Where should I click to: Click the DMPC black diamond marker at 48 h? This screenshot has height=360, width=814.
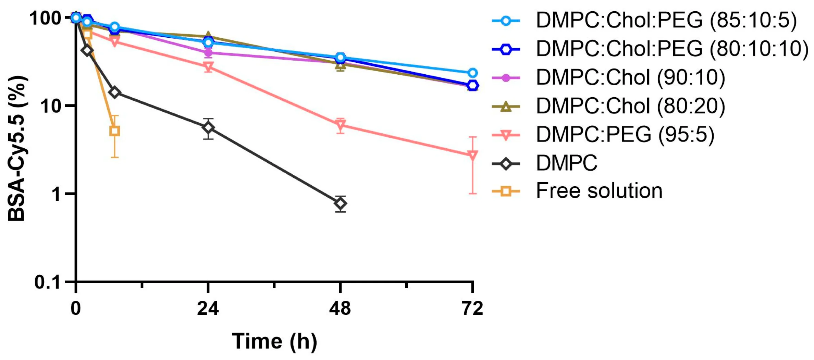[340, 204]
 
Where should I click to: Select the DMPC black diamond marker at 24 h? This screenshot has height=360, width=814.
[208, 128]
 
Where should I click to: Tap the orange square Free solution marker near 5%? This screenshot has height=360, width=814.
[114, 131]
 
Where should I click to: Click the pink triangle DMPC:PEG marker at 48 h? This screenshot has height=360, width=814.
[340, 124]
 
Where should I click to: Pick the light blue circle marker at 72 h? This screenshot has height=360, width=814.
[472, 73]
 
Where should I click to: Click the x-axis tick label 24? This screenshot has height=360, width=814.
[208, 309]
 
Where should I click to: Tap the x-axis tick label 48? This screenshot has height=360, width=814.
[340, 309]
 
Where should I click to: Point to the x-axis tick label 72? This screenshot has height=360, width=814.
[472, 309]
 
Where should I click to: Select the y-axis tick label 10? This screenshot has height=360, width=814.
[51, 106]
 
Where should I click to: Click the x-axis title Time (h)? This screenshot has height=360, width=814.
[274, 342]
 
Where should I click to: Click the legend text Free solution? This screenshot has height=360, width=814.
[599, 191]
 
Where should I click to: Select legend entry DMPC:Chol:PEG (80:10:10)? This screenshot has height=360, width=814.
[672, 49]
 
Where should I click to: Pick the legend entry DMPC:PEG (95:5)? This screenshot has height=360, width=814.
[625, 134]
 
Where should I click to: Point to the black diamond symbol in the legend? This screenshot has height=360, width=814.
[506, 164]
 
